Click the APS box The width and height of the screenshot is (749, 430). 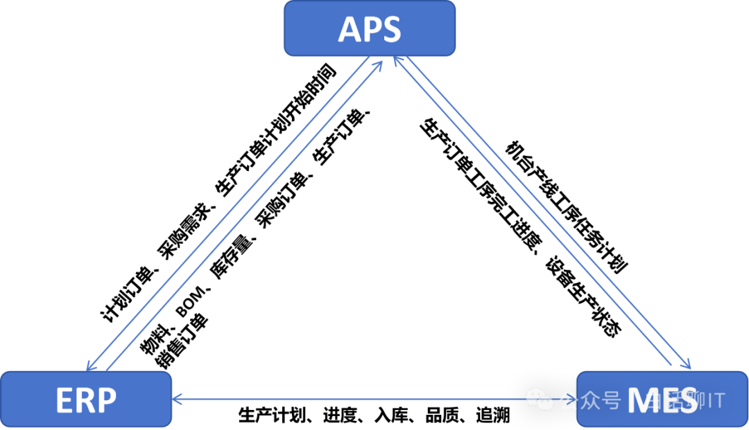coord(370,28)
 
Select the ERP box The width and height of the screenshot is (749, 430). coord(86,400)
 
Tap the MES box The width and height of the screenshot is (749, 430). coord(662,400)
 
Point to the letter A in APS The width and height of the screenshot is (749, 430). coord(350,30)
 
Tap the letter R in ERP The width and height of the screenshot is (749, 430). coord(86,401)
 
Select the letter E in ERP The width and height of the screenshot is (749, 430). coord(64,401)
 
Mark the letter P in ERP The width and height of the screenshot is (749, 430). coord(106,401)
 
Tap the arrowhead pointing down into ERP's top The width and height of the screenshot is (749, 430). coord(89,366)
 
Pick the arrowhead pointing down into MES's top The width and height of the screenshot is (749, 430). coord(687,365)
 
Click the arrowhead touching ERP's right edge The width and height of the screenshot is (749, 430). coord(177,399)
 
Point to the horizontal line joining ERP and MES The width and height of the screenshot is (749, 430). coord(347,399)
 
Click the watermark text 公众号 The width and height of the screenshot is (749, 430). coord(590,400)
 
